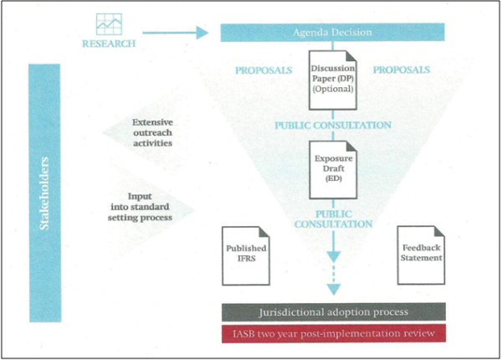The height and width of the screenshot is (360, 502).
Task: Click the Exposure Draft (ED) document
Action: (334, 168)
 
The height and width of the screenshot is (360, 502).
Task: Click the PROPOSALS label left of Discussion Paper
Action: (264, 70)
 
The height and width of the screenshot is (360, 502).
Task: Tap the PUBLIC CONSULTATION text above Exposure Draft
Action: (334, 126)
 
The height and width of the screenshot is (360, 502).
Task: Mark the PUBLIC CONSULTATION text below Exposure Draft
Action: (334, 219)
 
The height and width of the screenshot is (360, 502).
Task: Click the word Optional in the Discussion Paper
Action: (334, 89)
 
